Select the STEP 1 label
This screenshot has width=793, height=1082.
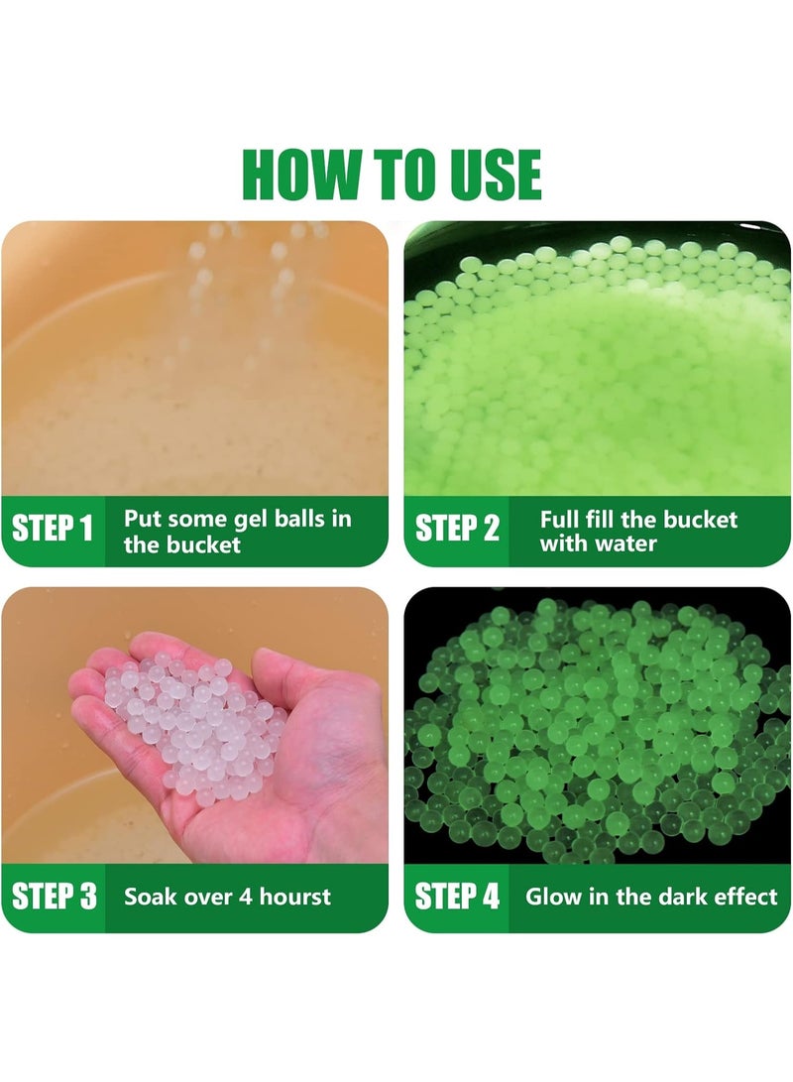[x=53, y=529]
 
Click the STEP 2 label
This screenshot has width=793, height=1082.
[x=457, y=529]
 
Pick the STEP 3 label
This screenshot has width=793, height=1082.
[x=55, y=896]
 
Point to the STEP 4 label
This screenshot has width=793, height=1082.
[x=457, y=896]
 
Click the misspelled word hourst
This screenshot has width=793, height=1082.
[x=295, y=897]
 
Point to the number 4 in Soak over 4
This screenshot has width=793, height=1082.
[x=246, y=897]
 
